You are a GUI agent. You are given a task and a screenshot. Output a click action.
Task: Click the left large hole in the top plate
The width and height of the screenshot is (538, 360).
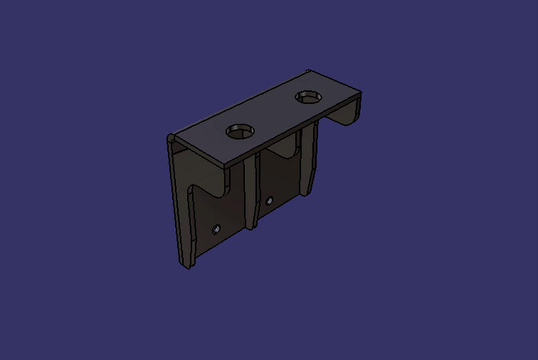[x=241, y=131]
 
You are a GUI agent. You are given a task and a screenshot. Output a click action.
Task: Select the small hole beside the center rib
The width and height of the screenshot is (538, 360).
[x=269, y=201]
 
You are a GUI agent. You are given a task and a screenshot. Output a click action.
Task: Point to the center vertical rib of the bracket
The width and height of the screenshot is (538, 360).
[x=250, y=192]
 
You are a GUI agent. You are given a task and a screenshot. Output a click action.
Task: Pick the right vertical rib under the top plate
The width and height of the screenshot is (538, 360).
[x=307, y=160]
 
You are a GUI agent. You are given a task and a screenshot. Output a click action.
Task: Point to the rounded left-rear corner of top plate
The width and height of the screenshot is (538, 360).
[x=171, y=137]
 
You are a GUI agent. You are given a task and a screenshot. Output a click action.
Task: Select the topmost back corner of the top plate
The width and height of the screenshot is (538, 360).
[x=310, y=70]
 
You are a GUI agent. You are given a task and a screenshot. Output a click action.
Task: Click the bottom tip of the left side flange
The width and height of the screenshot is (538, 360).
[x=187, y=266]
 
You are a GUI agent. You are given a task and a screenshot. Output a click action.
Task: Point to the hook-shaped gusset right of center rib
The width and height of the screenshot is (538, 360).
[x=281, y=152]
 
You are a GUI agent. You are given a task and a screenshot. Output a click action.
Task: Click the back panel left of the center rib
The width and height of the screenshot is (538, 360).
[x=221, y=213]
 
